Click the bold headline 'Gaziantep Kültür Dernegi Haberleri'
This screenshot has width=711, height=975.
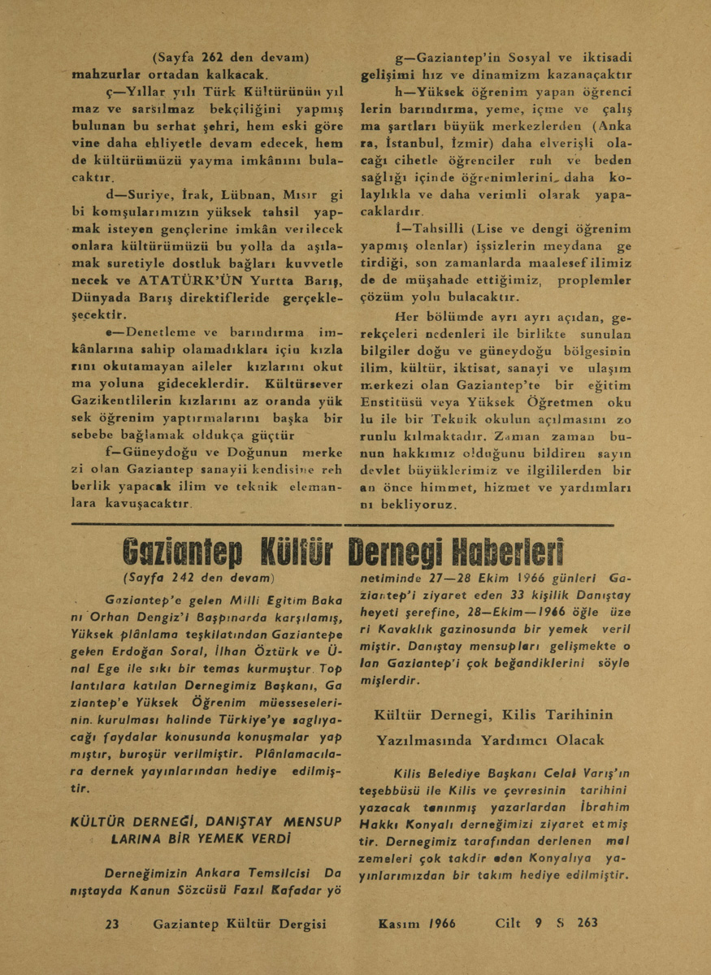(343, 553)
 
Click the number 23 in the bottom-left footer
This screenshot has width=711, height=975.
(113, 923)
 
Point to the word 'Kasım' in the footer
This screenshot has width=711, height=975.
(398, 923)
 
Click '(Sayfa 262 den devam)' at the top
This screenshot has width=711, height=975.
(231, 57)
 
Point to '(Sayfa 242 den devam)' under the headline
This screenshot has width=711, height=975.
(197, 578)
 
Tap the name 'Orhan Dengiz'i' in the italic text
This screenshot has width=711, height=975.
(150, 615)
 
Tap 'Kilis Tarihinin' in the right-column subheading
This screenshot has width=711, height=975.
(556, 715)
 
